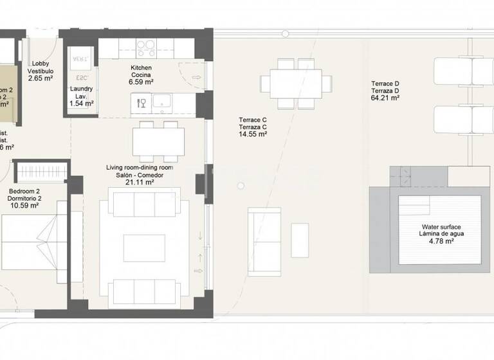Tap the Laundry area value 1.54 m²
81,103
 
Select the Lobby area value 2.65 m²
40,78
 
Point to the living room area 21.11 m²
140,182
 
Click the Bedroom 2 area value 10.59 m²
24,206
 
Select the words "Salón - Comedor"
140,174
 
